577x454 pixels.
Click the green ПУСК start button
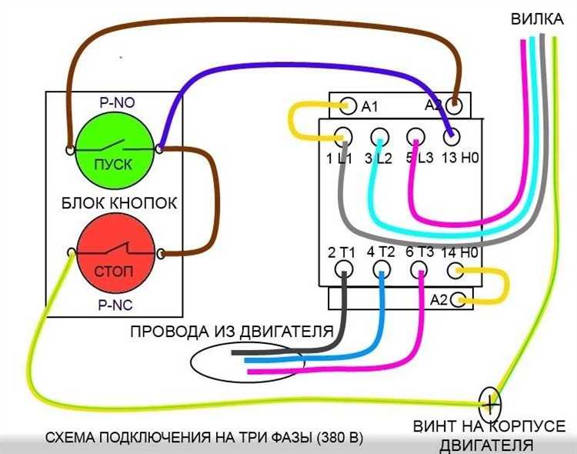pos(115,148)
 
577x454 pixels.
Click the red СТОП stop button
pos(115,255)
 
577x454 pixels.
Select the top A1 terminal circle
pos(346,105)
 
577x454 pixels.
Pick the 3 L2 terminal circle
pos(379,139)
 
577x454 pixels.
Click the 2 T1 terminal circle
pos(344,269)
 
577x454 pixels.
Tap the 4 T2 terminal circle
pos(382,269)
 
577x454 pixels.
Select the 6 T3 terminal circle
pos(419,269)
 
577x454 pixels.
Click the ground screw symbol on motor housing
pos(490,401)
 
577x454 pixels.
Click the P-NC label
pos(115,305)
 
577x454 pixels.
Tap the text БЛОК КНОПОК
pos(118,204)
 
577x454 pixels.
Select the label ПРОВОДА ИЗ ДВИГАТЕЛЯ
pos(231,332)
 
